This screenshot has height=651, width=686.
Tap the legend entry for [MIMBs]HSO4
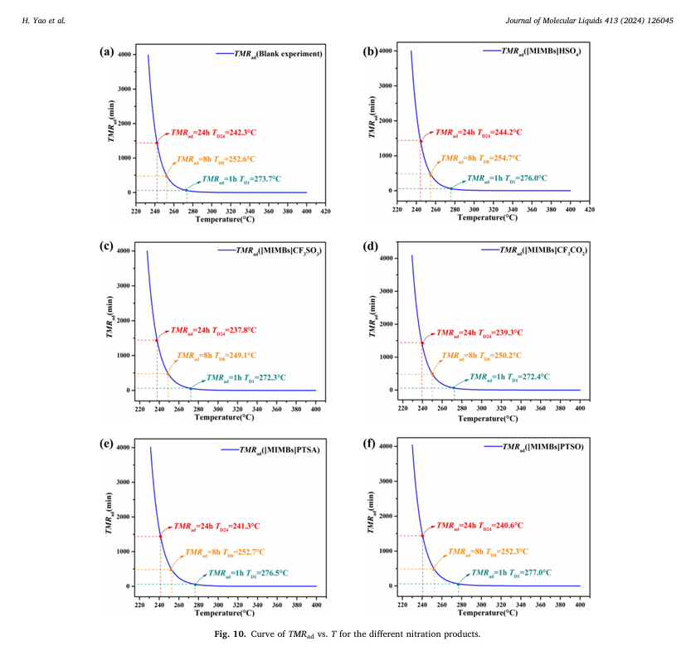(x=540, y=51)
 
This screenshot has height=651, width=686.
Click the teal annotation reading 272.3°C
(x=246, y=377)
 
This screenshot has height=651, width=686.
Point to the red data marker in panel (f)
(x=422, y=536)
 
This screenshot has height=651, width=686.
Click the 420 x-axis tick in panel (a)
(x=327, y=211)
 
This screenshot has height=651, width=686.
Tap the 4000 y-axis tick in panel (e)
(x=123, y=448)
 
